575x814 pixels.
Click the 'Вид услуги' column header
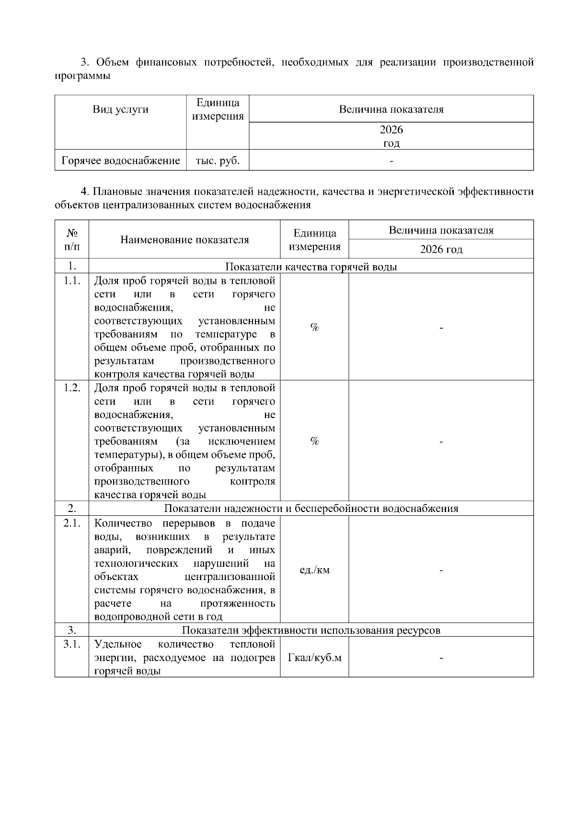120,109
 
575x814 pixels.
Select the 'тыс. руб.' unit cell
218,161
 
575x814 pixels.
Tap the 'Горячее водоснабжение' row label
121,161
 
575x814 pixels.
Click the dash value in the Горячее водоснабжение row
391,161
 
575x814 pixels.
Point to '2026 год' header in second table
441,249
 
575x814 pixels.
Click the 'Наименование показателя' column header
184,240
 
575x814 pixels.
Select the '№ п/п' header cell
72,240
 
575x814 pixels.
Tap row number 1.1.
72,280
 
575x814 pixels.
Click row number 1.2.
72,387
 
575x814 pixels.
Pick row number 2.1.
72,523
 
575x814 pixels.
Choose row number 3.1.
72,644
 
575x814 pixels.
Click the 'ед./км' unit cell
314,570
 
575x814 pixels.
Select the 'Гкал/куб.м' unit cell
314,657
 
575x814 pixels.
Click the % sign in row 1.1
314,327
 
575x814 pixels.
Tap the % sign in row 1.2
314,441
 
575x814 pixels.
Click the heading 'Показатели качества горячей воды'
311,267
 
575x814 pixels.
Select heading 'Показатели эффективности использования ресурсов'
311,630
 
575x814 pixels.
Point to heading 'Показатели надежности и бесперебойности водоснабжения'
311,509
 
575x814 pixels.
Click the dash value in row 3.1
441,658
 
